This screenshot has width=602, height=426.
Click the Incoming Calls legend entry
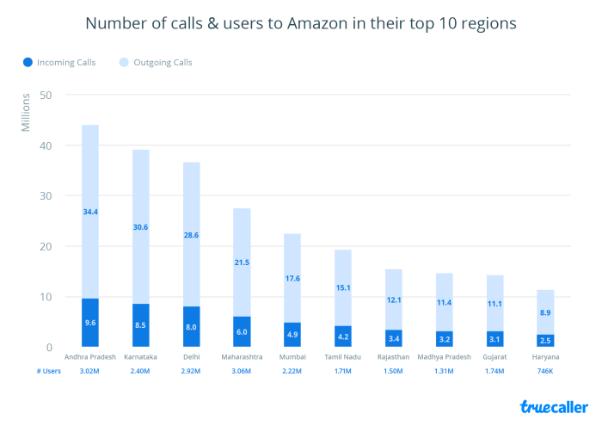click(58, 62)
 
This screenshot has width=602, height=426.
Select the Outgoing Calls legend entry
click(163, 62)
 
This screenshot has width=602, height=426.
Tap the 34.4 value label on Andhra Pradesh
click(90, 212)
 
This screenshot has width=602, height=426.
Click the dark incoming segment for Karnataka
click(141, 325)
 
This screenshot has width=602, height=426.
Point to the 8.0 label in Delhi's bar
click(191, 326)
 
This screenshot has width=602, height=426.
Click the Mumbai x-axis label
click(292, 356)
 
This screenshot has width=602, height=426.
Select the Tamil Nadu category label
click(343, 356)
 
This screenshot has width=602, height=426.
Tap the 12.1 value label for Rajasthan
click(394, 300)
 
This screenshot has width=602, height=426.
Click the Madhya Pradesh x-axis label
click(445, 356)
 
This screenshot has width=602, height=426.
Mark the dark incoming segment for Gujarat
click(495, 339)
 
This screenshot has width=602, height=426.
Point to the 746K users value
click(546, 370)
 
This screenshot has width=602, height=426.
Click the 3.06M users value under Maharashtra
click(242, 370)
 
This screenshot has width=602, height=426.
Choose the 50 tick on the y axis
click(48, 95)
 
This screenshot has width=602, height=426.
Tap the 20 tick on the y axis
click(48, 246)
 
